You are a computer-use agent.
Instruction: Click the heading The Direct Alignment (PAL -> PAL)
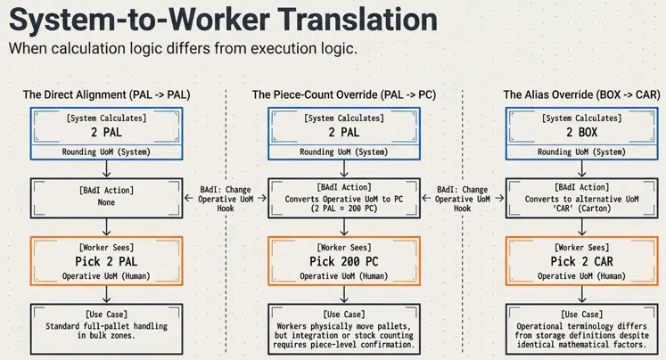pos(106,94)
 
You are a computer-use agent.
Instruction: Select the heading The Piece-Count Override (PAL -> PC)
pos(343,94)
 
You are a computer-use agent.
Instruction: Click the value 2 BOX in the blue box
pos(580,133)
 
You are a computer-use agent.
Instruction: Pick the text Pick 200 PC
pos(343,261)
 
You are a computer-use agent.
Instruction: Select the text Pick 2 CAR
pos(580,261)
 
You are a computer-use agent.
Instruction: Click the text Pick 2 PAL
pos(106,261)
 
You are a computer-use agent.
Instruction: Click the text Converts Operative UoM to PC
pos(343,198)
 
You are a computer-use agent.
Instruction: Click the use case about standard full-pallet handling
pos(106,331)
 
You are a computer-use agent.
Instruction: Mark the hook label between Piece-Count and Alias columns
pos(463,198)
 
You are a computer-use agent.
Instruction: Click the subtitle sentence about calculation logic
pos(183,48)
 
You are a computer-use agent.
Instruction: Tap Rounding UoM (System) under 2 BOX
pos(580,151)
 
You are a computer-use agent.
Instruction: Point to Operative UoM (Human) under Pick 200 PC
pos(343,276)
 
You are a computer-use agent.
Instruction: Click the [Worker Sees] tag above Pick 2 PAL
pos(106,245)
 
